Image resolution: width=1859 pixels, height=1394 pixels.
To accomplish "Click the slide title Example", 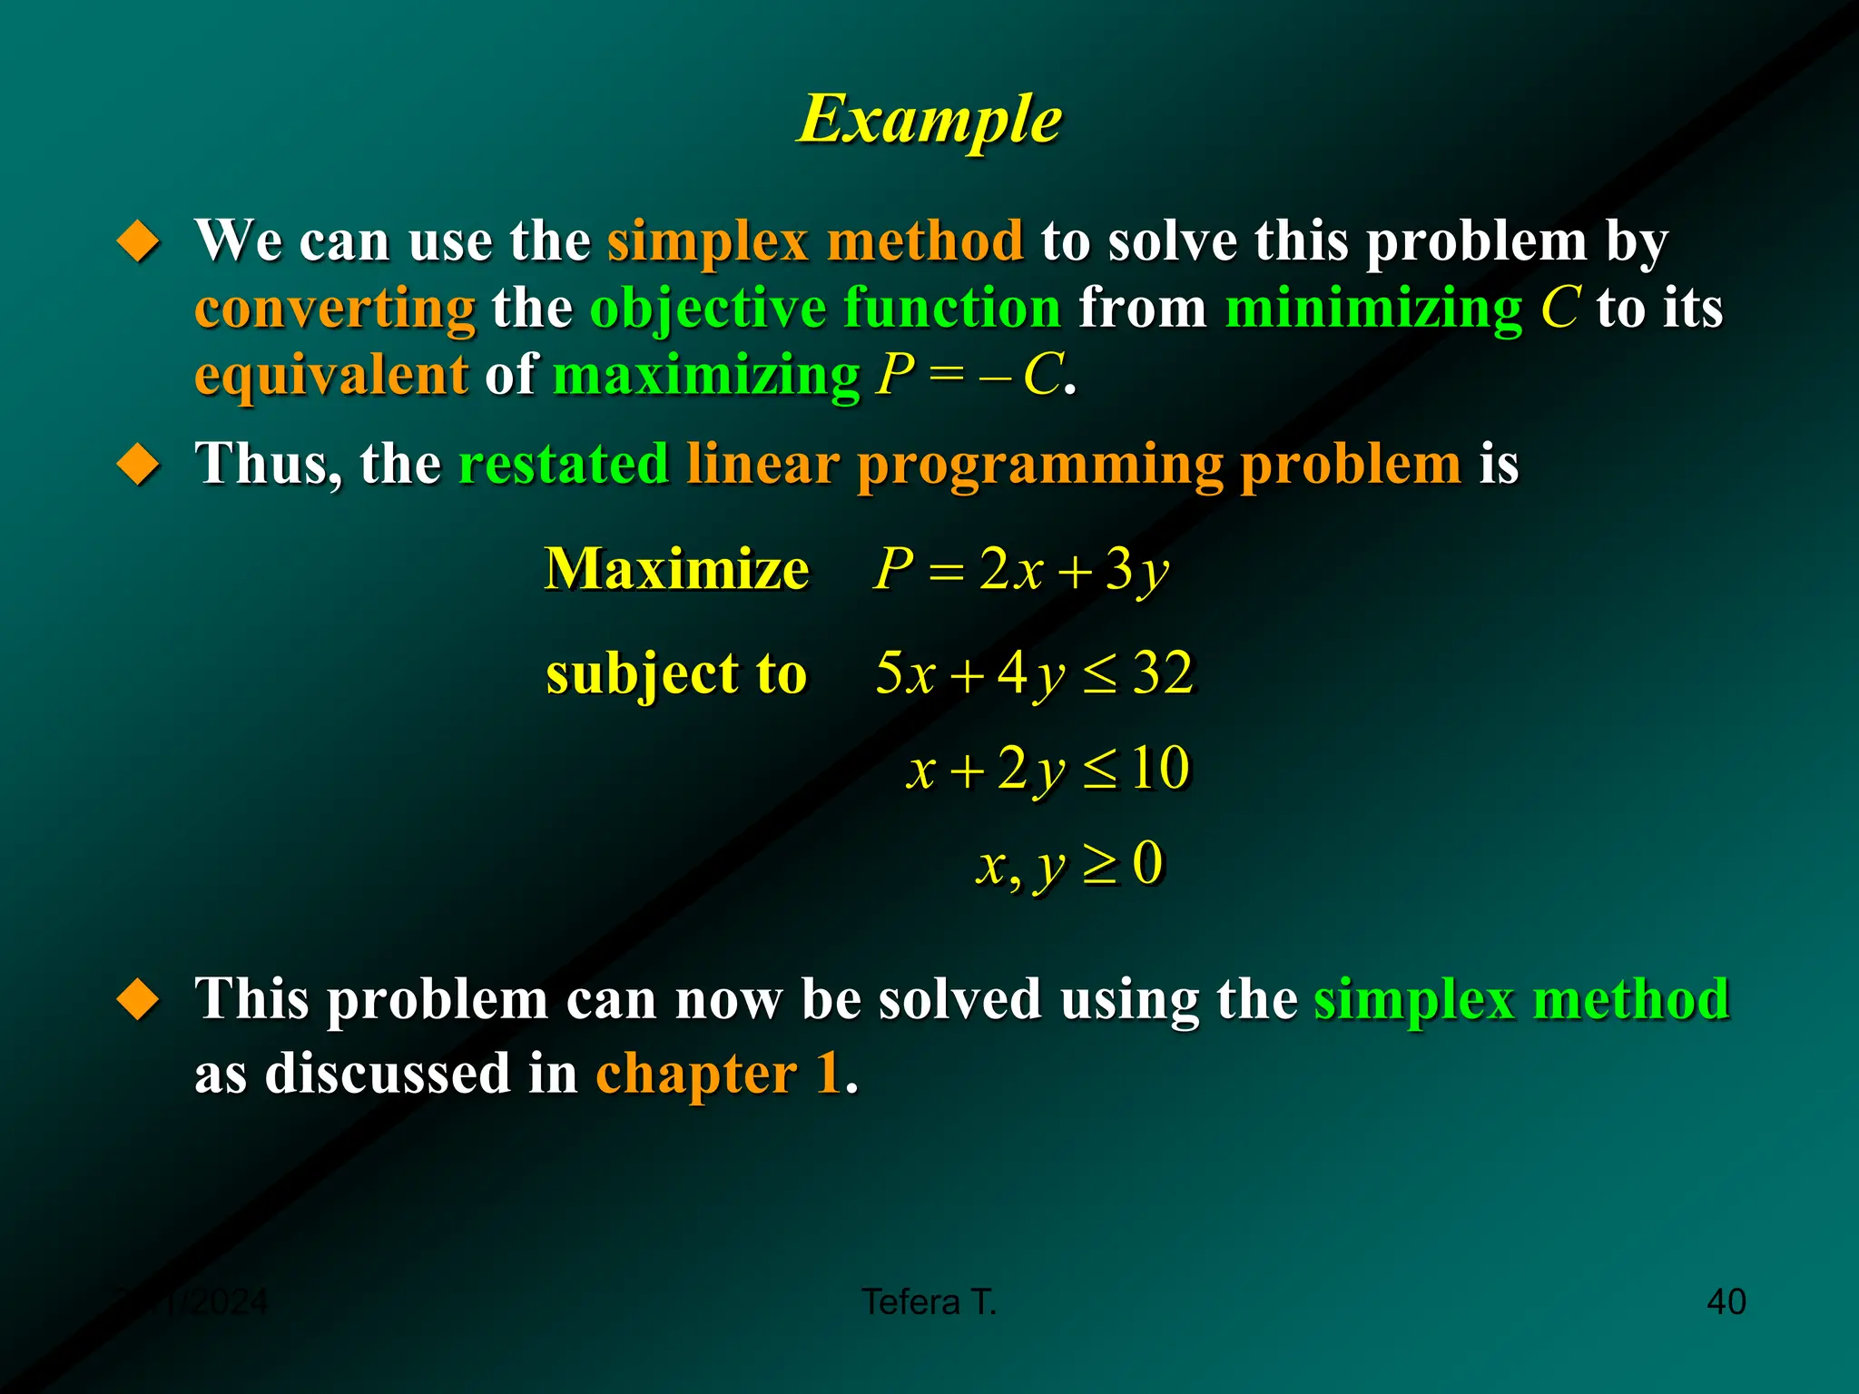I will [929, 120].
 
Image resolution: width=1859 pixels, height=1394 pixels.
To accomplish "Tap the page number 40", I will [1726, 1301].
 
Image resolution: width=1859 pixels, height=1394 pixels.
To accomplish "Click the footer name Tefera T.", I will [929, 1301].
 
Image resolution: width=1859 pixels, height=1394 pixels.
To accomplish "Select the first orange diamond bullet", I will [139, 241].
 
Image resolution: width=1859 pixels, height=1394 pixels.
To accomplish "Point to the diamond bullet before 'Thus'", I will [139, 464].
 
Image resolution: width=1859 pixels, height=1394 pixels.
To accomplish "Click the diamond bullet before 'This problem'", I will [139, 999].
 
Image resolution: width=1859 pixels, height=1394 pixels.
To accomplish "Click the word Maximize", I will [676, 569].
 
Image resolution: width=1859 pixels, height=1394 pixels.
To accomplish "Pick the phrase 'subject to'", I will [676, 673].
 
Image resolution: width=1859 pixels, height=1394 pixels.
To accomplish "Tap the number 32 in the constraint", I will [1163, 673].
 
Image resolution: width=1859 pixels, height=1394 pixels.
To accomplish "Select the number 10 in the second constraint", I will [1159, 768].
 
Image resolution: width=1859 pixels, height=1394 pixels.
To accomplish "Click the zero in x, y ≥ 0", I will [1147, 862].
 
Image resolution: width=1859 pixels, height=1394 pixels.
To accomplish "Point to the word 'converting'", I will [335, 309].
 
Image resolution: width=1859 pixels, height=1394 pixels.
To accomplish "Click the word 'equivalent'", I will [331, 374].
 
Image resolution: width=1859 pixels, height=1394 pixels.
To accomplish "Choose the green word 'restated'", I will [564, 464].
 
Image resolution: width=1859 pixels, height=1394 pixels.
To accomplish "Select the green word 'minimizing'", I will [1373, 309].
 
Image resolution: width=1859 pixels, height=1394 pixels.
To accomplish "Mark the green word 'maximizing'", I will [706, 374].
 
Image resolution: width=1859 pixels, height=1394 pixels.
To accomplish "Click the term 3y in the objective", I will [1136, 570].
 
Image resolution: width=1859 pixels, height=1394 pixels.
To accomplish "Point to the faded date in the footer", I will [192, 1301].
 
